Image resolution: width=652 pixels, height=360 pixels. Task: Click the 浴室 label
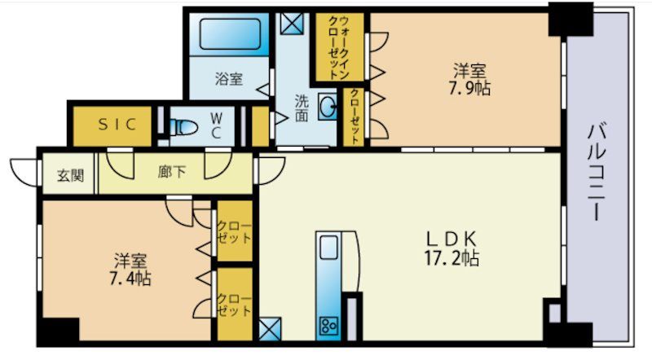228,79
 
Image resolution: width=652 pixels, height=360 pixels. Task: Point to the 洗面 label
301,109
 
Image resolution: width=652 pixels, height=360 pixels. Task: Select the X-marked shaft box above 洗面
290,21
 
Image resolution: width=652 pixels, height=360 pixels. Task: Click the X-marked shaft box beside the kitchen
269,330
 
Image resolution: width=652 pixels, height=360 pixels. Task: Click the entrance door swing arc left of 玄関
25,172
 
